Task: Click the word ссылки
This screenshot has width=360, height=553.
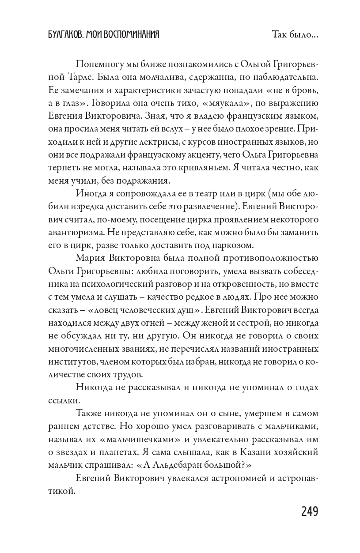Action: tap(63, 401)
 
